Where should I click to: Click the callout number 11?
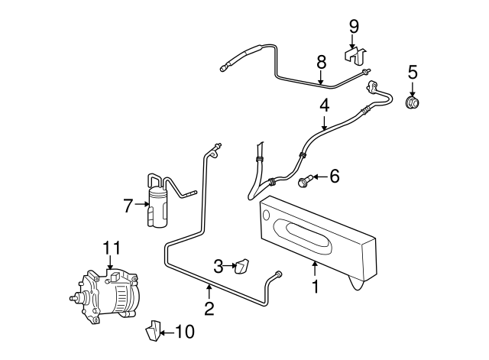click(112, 248)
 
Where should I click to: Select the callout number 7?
click(128, 206)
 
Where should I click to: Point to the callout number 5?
click(413, 73)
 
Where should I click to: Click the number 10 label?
click(185, 332)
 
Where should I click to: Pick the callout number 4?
click(324, 105)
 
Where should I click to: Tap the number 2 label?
click(209, 309)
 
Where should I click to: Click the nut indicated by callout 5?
click(412, 102)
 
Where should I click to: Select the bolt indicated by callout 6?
click(305, 180)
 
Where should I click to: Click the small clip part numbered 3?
click(241, 266)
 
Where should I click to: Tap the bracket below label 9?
click(355, 57)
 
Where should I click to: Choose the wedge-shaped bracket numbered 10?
click(153, 330)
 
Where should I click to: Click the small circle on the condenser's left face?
click(266, 215)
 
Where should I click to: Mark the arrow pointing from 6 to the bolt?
click(319, 177)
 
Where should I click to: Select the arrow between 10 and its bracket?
click(167, 332)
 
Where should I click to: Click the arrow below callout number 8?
click(320, 77)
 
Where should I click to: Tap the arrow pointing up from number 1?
click(315, 268)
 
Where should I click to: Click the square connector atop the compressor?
click(115, 276)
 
